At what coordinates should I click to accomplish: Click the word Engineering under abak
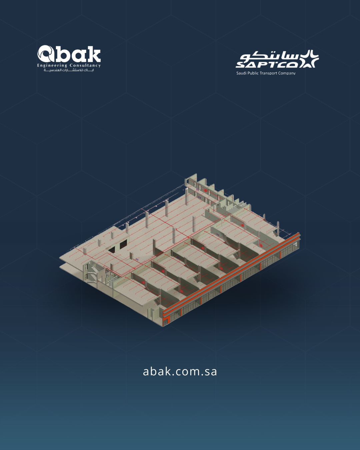pos(52,66)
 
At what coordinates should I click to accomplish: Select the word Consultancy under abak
pos(85,66)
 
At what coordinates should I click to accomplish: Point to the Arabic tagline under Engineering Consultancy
pos(69,70)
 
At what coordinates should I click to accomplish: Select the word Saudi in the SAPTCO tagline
pos(241,73)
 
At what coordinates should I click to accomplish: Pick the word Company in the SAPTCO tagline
pos(287,73)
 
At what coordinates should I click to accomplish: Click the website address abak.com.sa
pos(180,371)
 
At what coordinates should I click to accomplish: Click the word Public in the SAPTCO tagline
pos(253,73)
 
